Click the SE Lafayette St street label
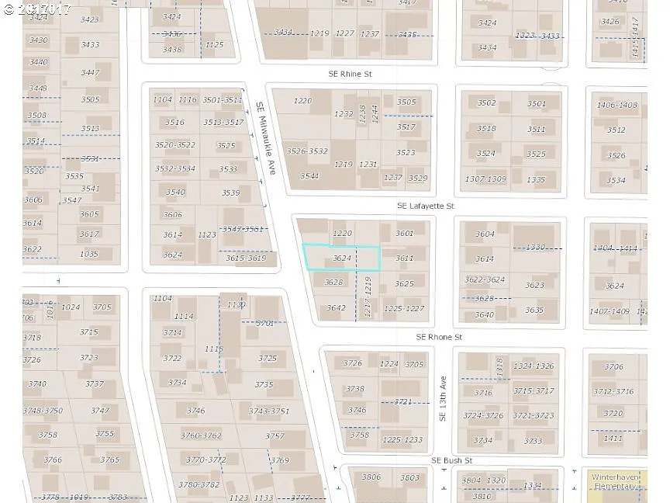point(425,206)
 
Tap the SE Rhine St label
point(350,74)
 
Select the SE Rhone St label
point(439,338)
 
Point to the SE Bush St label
point(452,460)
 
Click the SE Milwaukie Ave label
point(266,138)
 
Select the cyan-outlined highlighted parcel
point(341,258)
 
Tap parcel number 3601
point(405,234)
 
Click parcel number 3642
point(336,308)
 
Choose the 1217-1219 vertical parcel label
point(368,296)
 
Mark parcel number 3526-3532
point(307,151)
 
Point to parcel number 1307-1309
point(485,179)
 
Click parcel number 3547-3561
point(243,229)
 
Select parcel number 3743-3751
point(269,411)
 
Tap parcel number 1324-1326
point(533,366)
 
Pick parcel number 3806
point(371,477)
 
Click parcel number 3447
point(90,73)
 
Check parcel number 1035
point(89,254)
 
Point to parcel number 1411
point(613,439)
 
